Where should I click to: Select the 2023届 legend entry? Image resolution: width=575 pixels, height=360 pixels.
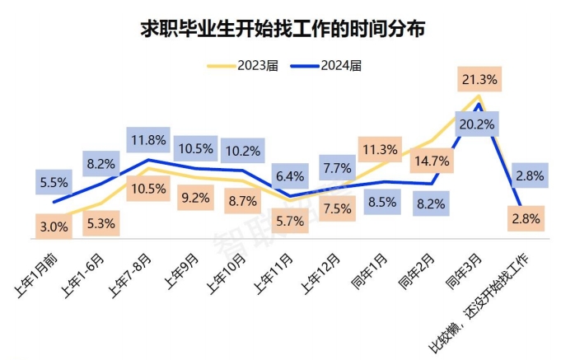[252, 64]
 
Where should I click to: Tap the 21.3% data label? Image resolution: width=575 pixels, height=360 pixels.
[479, 80]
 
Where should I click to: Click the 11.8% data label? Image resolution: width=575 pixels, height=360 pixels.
[148, 140]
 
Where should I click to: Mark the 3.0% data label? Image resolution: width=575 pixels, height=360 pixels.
[54, 226]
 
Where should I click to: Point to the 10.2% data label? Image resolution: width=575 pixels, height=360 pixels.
[242, 151]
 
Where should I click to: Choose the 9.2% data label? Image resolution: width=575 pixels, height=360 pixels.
[194, 198]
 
